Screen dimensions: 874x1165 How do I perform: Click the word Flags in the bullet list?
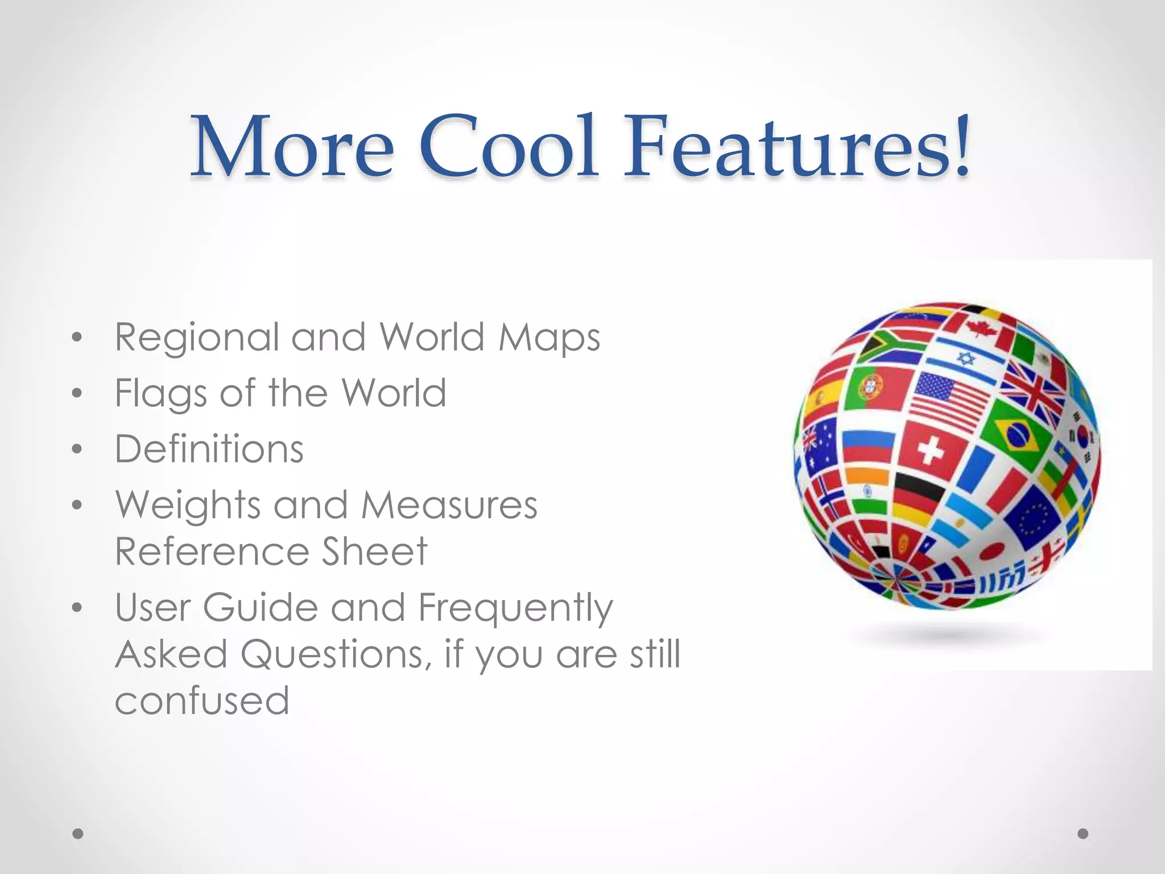(161, 393)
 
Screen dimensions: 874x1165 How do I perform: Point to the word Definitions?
(209, 449)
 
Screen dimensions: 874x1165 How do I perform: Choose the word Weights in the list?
(188, 505)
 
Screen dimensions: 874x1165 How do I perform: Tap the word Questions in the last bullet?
(333, 654)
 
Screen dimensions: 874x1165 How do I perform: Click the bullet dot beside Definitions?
(77, 450)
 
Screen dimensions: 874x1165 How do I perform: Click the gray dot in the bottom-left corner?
(78, 834)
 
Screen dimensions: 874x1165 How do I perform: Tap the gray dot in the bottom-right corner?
(1083, 834)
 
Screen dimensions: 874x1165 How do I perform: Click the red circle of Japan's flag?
(993, 550)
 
